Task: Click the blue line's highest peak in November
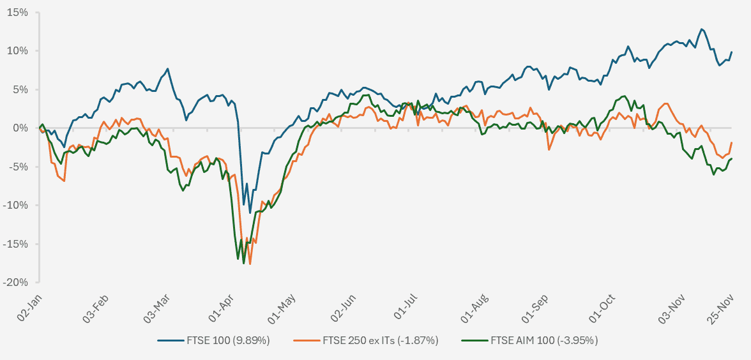click(702, 29)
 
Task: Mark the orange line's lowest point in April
click(250, 264)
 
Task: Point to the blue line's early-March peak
click(167, 69)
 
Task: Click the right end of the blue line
click(732, 52)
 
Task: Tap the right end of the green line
click(732, 158)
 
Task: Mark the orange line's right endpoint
click(732, 142)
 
